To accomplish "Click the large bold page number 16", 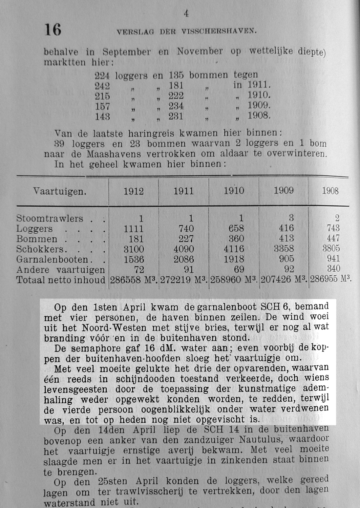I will click(53, 30).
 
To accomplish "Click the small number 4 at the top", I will click(186, 14).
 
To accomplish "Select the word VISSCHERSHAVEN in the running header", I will click(219, 31).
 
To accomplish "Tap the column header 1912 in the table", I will click(133, 191).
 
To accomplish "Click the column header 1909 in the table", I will click(283, 191).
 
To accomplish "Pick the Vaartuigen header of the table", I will click(60, 192).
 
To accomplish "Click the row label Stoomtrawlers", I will click(49, 218).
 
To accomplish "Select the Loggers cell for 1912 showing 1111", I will click(133, 229).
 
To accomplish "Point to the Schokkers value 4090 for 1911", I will click(184, 249).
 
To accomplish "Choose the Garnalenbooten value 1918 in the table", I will click(234, 259).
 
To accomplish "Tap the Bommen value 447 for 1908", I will click(333, 238).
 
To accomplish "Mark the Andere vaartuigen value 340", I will click(333, 269).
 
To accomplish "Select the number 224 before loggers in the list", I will click(102, 75).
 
